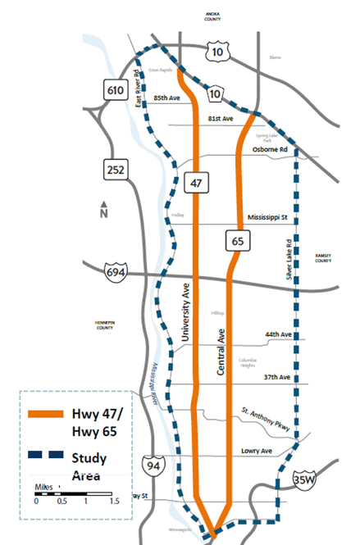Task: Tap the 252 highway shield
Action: (x=114, y=170)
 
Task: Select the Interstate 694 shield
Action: (x=116, y=271)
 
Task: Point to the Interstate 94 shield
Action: (x=151, y=465)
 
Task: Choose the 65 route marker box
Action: (x=237, y=241)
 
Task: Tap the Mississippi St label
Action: (x=269, y=218)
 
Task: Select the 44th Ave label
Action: (x=277, y=335)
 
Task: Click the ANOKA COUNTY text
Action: (x=225, y=16)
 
